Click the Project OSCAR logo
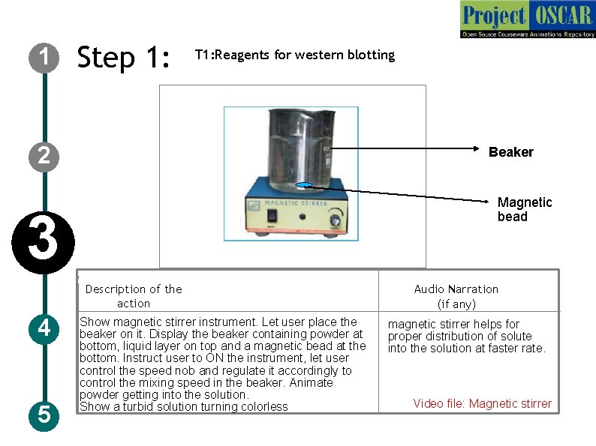528,19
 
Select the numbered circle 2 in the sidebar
44,156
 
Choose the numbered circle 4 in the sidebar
44,328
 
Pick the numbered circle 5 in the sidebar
44,414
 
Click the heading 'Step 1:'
125,57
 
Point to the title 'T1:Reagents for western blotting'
294,55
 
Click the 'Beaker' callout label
510,152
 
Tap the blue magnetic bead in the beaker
305,186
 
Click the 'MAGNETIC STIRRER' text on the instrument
293,202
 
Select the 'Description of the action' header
134,296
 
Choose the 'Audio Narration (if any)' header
456,296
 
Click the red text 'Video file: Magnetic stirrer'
482,404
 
